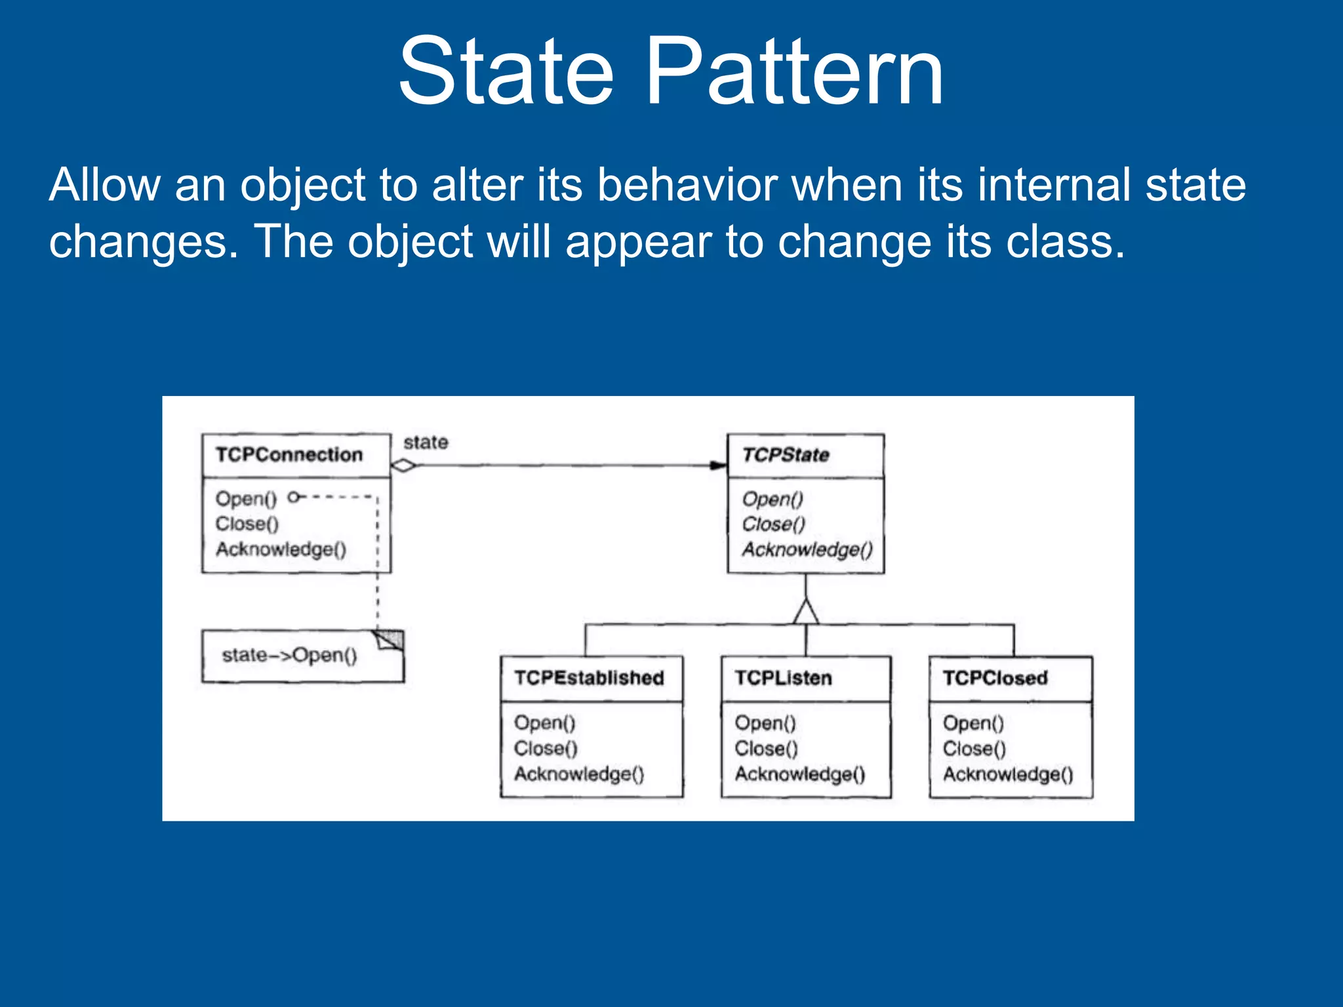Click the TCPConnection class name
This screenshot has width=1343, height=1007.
(289, 454)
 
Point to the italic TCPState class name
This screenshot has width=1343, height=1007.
(786, 454)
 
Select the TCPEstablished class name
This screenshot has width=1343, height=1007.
(589, 677)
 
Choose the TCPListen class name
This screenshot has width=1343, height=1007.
(783, 677)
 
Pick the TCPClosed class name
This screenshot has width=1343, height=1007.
(995, 677)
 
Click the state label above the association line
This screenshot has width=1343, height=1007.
(426, 443)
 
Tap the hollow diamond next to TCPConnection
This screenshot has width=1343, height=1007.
(403, 465)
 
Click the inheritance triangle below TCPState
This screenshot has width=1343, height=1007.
(806, 612)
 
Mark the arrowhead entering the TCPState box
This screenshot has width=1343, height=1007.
(719, 465)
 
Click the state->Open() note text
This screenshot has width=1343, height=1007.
(289, 655)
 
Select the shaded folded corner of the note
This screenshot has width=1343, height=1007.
(391, 639)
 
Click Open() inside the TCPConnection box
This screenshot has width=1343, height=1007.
(246, 498)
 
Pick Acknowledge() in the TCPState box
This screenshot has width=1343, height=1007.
(807, 549)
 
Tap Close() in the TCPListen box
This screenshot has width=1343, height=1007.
(766, 748)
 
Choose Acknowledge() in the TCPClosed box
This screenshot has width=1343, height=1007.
(1008, 774)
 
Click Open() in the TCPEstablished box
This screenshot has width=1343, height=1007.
(544, 722)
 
